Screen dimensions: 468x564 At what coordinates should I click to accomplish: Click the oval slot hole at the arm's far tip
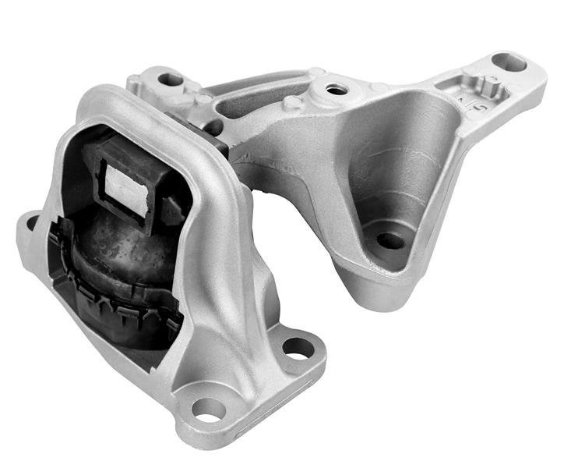(x=509, y=62)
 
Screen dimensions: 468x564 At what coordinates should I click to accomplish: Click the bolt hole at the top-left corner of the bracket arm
(x=170, y=79)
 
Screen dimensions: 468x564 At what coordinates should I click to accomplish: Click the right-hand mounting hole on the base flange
(x=298, y=347)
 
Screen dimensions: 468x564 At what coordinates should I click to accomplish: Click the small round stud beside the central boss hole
(x=294, y=101)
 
